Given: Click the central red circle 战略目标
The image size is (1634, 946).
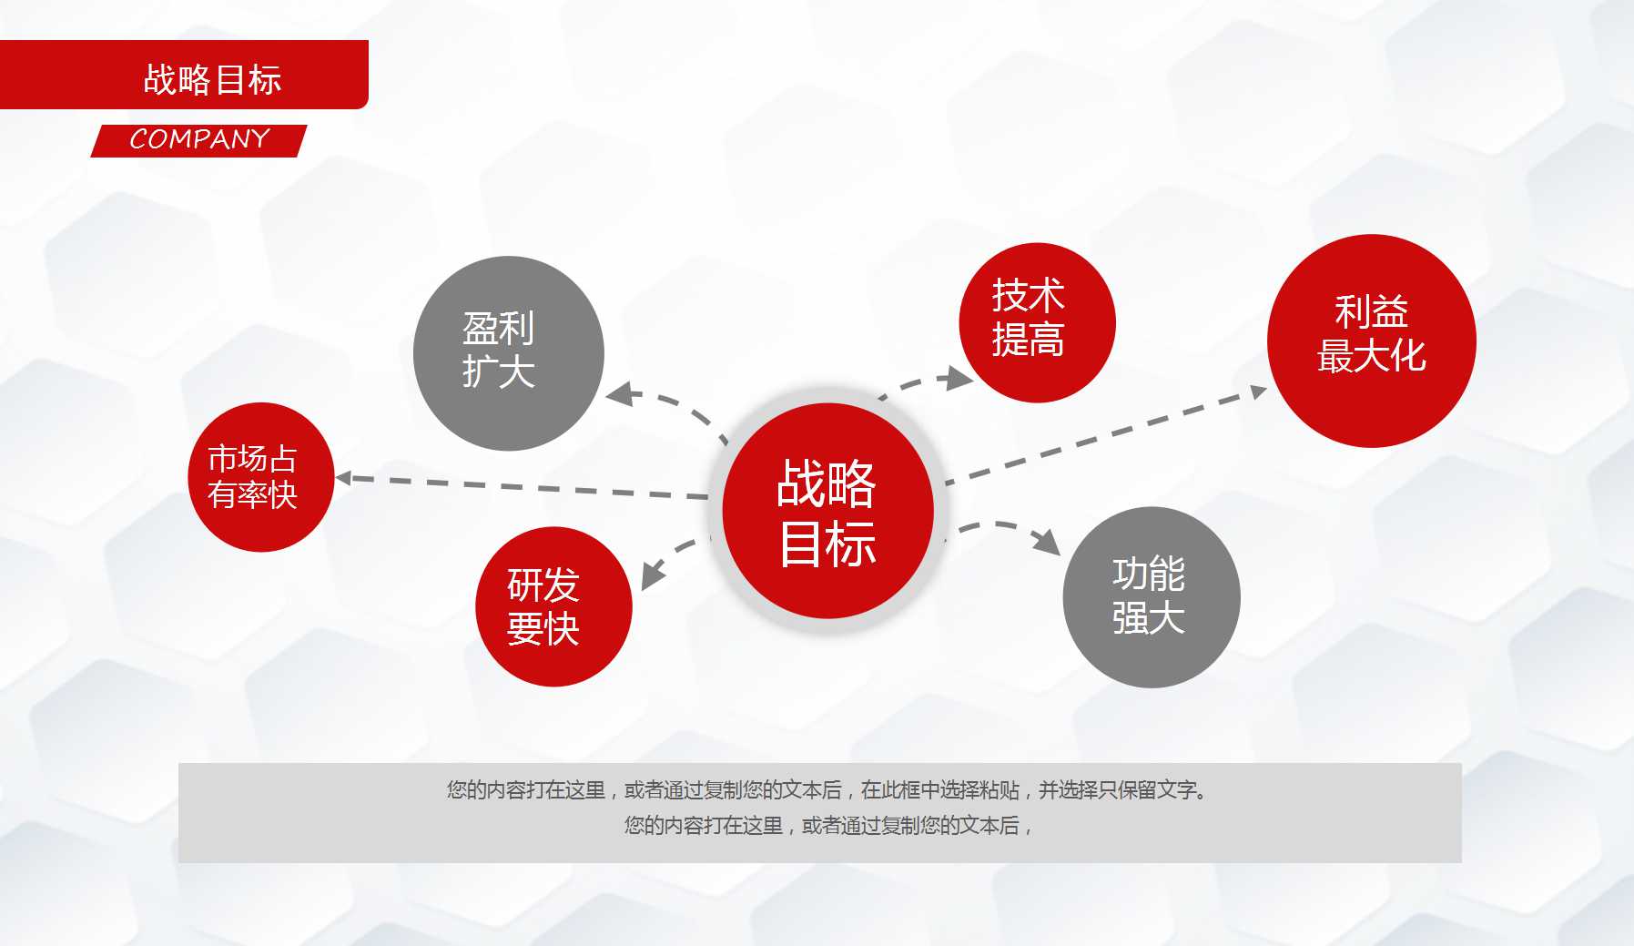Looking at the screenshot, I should tap(827, 511).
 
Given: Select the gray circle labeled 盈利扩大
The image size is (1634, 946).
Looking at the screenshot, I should tap(508, 353).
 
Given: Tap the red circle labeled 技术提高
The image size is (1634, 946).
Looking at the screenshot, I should tap(1036, 322).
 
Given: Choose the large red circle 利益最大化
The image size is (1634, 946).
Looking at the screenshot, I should tap(1371, 341).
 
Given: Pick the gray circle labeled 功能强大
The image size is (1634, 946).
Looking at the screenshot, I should tap(1151, 597).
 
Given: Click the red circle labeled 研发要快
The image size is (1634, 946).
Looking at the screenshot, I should tap(553, 606).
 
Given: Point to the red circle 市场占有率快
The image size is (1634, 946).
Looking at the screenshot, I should tap(260, 477).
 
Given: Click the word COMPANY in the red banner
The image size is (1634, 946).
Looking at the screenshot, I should tap(199, 139).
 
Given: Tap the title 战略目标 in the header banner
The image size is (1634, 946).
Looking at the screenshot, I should tap(212, 79).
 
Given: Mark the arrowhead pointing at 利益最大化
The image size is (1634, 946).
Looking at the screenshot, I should tap(1258, 392).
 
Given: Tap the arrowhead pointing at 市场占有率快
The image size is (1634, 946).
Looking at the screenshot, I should tap(343, 477).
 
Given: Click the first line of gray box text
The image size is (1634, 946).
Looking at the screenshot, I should tap(827, 790).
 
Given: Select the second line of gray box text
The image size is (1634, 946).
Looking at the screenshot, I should tap(827, 826).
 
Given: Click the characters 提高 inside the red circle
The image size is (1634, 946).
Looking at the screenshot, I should tap(1028, 341).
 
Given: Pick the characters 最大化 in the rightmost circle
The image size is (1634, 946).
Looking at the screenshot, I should tap(1371, 356).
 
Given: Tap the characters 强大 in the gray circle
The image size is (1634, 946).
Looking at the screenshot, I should tap(1148, 619).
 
